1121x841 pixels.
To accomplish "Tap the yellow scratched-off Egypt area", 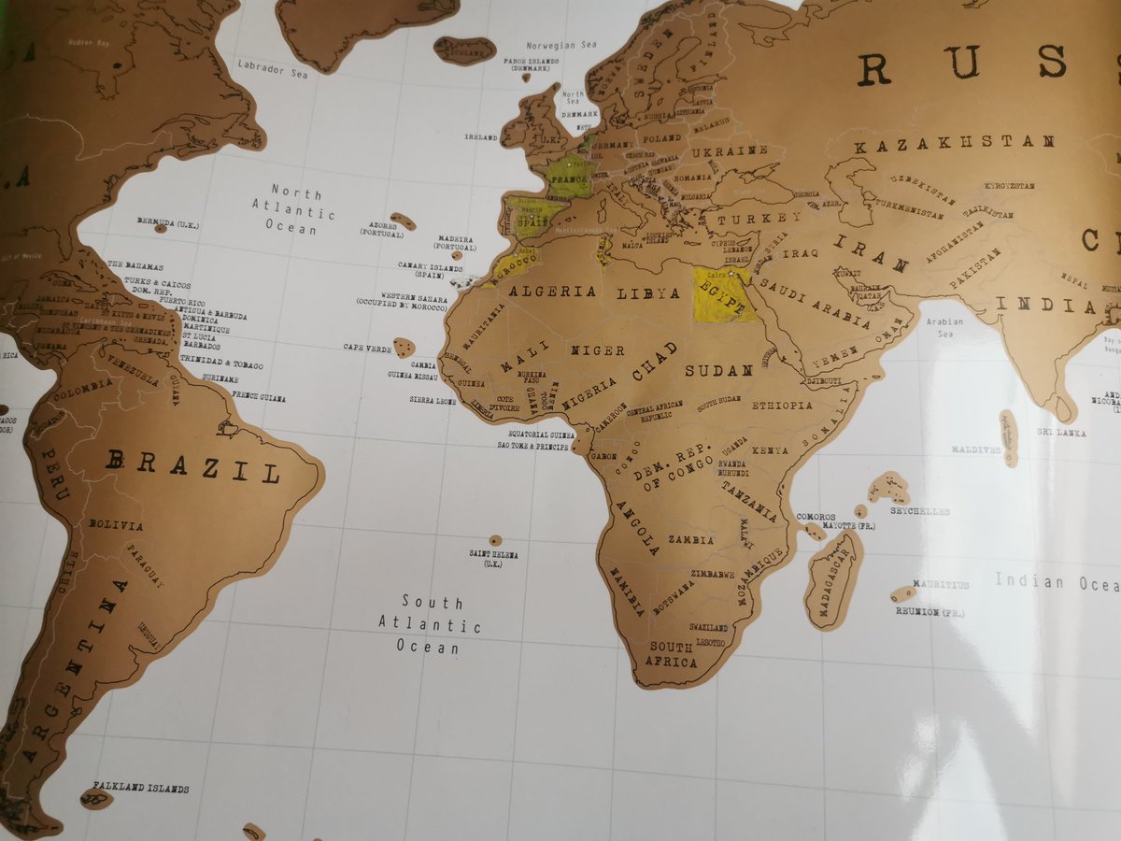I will click(724, 293).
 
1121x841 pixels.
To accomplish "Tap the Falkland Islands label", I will click(140, 789).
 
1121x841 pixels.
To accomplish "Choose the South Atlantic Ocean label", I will click(430, 624).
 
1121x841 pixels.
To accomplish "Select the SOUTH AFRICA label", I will click(673, 654).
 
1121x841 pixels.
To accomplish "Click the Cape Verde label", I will click(367, 347).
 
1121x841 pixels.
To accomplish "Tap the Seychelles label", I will click(919, 511).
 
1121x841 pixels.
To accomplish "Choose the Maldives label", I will click(976, 449).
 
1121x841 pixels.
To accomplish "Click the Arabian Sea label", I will click(944, 327).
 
